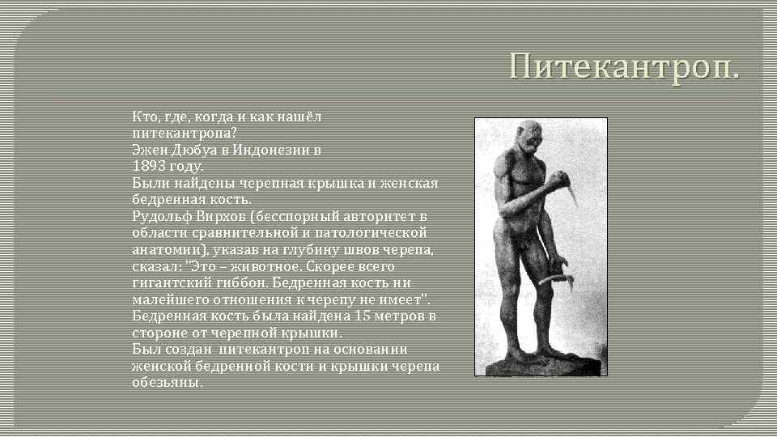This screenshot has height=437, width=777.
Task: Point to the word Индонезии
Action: tap(274, 150)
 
